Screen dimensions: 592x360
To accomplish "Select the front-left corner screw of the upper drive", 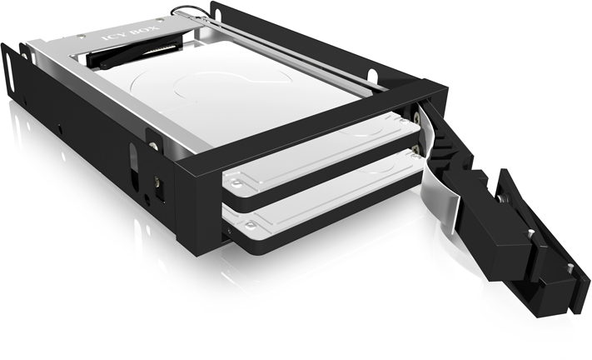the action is [236, 184].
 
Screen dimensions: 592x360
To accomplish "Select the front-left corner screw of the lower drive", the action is [249, 227].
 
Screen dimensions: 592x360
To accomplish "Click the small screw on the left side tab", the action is [153, 146].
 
